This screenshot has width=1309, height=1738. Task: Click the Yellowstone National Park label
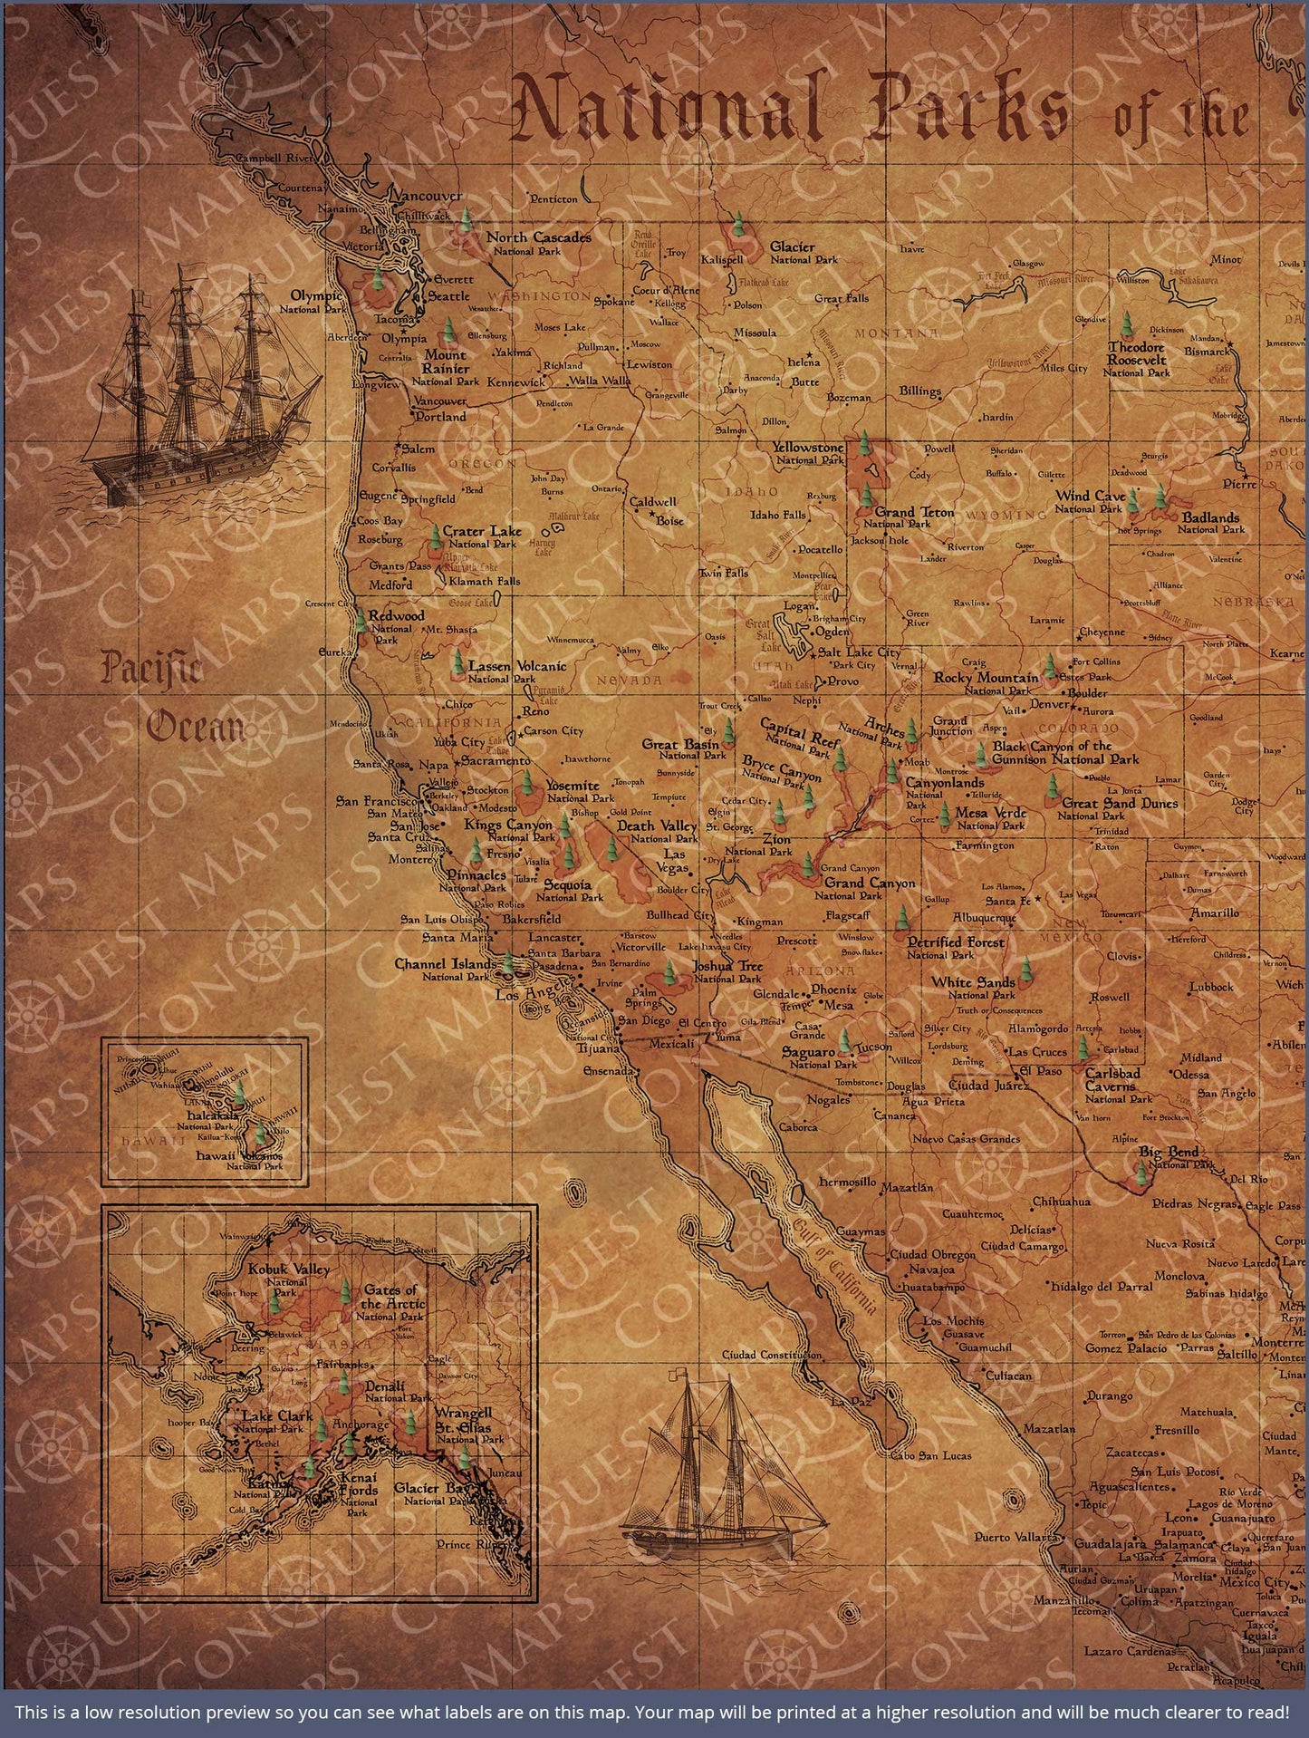pyautogui.click(x=809, y=453)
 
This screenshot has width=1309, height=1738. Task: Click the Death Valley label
pyautogui.click(x=657, y=831)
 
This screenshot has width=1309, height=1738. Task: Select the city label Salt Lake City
pyautogui.click(x=860, y=652)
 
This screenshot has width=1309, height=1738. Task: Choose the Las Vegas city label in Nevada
pyautogui.click(x=675, y=861)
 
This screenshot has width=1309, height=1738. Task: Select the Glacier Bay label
pyautogui.click(x=430, y=1489)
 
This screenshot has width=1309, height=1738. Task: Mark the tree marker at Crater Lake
pyautogui.click(x=437, y=536)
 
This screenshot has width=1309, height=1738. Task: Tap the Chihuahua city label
pyautogui.click(x=1063, y=1202)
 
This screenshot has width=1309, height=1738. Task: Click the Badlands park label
pyautogui.click(x=1211, y=523)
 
